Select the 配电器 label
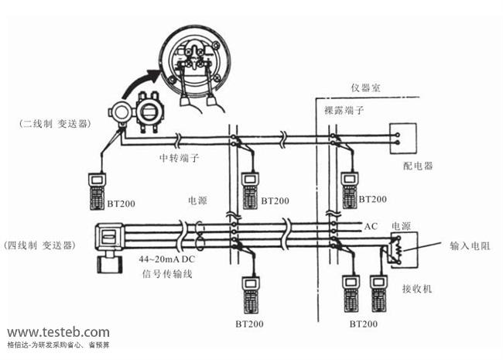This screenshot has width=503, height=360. (418, 166)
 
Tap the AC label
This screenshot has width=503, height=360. (371, 226)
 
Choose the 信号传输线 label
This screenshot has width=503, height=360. (167, 273)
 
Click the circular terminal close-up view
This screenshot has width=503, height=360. (193, 56)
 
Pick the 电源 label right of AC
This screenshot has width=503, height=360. (401, 226)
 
